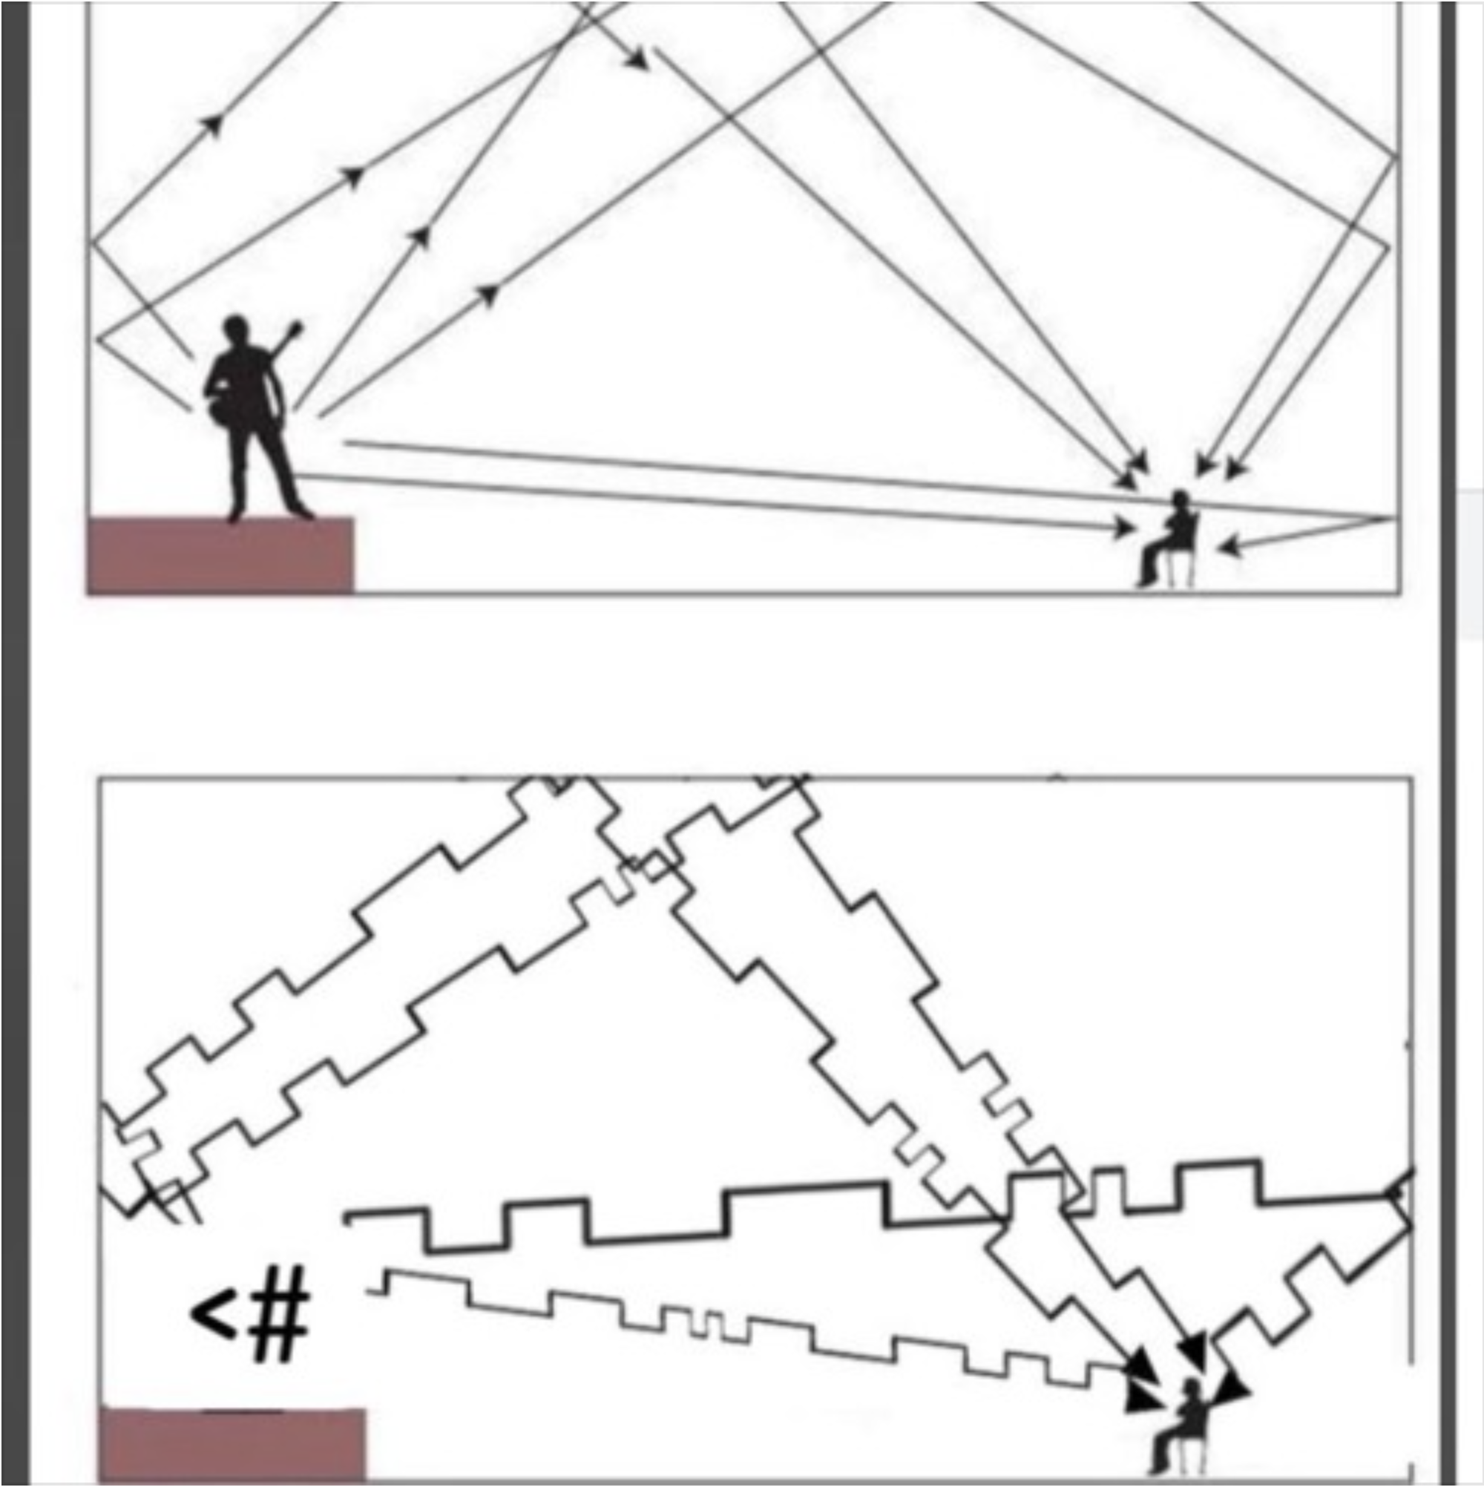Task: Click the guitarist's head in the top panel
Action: pyautogui.click(x=237, y=333)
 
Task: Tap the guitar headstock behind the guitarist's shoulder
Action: pyautogui.click(x=292, y=332)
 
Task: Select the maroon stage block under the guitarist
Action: pyautogui.click(x=220, y=555)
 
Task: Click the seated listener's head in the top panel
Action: pyautogui.click(x=1179, y=499)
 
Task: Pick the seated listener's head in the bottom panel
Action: pyautogui.click(x=1192, y=1390)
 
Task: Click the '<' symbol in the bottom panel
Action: pyautogui.click(x=212, y=1315)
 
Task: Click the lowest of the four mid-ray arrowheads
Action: pyautogui.click(x=488, y=294)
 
